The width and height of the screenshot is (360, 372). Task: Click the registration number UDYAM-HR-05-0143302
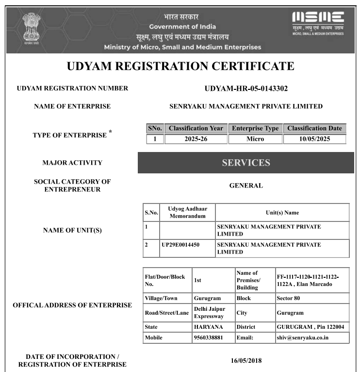coord(246,88)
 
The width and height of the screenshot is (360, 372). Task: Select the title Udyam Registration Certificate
coord(180,66)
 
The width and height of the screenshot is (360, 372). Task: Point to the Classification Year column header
coord(196,129)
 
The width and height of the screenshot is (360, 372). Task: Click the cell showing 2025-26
coord(196,139)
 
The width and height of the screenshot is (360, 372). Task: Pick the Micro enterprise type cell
coord(255,139)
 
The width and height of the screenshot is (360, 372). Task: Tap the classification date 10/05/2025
coord(314,139)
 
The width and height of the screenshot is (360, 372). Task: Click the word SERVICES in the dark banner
coord(246,163)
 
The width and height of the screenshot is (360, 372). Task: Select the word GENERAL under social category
coord(246,186)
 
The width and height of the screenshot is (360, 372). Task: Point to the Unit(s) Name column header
coord(282,213)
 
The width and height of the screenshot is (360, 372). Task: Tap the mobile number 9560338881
coord(208,338)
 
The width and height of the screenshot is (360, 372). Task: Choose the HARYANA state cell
coord(208,327)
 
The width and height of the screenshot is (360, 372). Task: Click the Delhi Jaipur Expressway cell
coord(209,312)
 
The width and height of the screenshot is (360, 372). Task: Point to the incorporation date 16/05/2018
coord(245,360)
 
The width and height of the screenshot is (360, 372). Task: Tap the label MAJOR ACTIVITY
coord(72,163)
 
